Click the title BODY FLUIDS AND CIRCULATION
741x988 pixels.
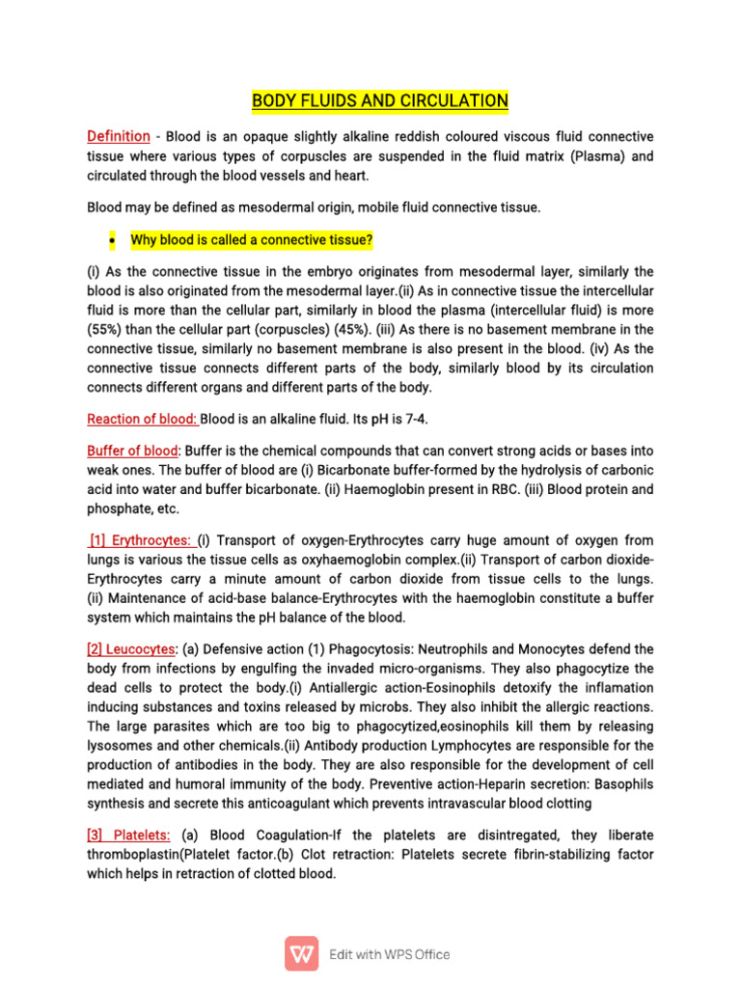(x=379, y=100)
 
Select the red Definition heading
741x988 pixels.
(x=119, y=136)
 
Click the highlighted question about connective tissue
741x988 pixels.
(x=252, y=239)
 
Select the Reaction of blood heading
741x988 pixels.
(x=142, y=419)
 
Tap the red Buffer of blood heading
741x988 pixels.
(x=133, y=451)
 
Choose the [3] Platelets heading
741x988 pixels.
(x=129, y=836)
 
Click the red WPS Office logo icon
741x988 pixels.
(x=302, y=954)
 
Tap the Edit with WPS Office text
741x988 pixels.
(x=390, y=954)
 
